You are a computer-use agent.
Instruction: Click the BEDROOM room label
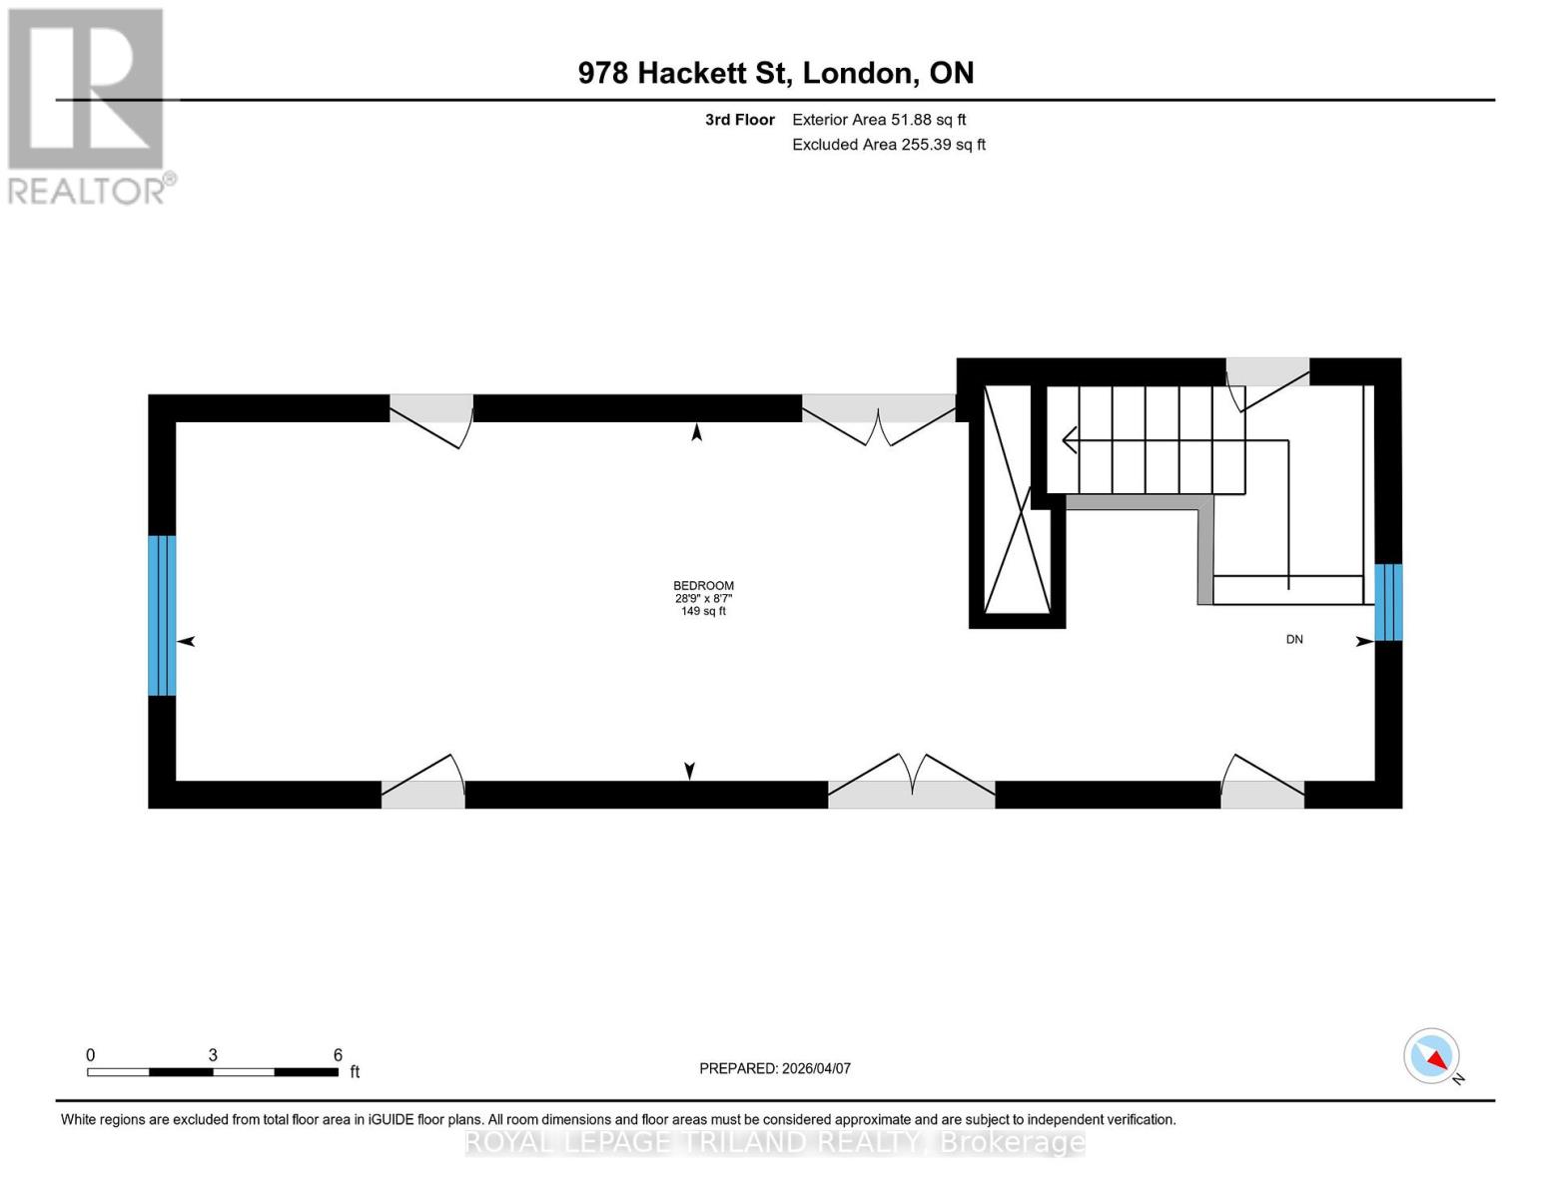[x=703, y=586]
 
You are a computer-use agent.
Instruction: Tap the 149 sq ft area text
[x=703, y=611]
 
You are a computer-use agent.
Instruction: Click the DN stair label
[x=1294, y=639]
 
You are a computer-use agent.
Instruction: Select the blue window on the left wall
[x=162, y=615]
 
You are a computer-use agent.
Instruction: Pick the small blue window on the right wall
[x=1388, y=602]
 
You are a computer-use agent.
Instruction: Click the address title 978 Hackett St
[x=776, y=73]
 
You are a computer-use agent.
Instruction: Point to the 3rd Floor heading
[x=739, y=120]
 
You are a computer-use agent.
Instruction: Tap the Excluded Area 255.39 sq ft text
[x=889, y=145]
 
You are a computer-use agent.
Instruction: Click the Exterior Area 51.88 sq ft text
[x=879, y=120]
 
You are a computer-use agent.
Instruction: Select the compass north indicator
[x=1432, y=1056]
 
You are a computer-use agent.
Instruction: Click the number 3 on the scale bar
[x=213, y=1055]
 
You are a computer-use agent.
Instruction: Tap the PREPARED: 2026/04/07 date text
[x=775, y=1068]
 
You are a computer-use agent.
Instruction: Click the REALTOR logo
[x=88, y=105]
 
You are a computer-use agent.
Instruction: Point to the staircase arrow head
[x=1069, y=439]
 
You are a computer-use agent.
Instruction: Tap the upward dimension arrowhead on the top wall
[x=697, y=432]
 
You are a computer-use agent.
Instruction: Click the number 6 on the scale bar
[x=338, y=1055]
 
